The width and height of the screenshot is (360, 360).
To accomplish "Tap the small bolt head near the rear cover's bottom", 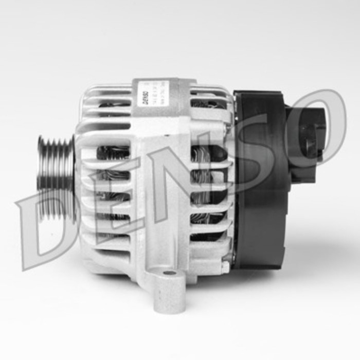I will tap(225, 267).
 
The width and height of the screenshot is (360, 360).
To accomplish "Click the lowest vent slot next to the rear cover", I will tap(206, 237).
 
